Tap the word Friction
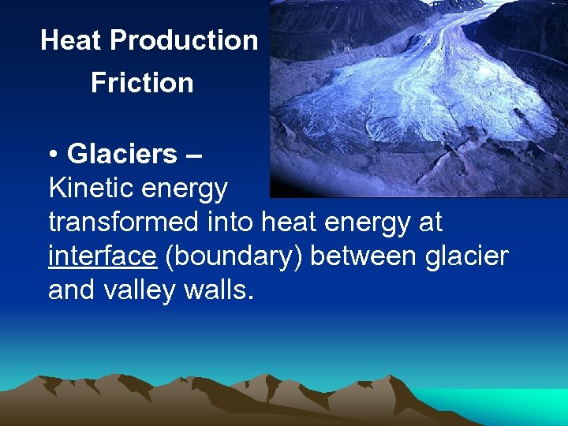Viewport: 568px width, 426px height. point(142,83)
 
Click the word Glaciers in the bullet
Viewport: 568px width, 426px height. point(122,154)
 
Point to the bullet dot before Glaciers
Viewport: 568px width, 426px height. point(53,155)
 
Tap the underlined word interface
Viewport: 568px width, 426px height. point(102,256)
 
